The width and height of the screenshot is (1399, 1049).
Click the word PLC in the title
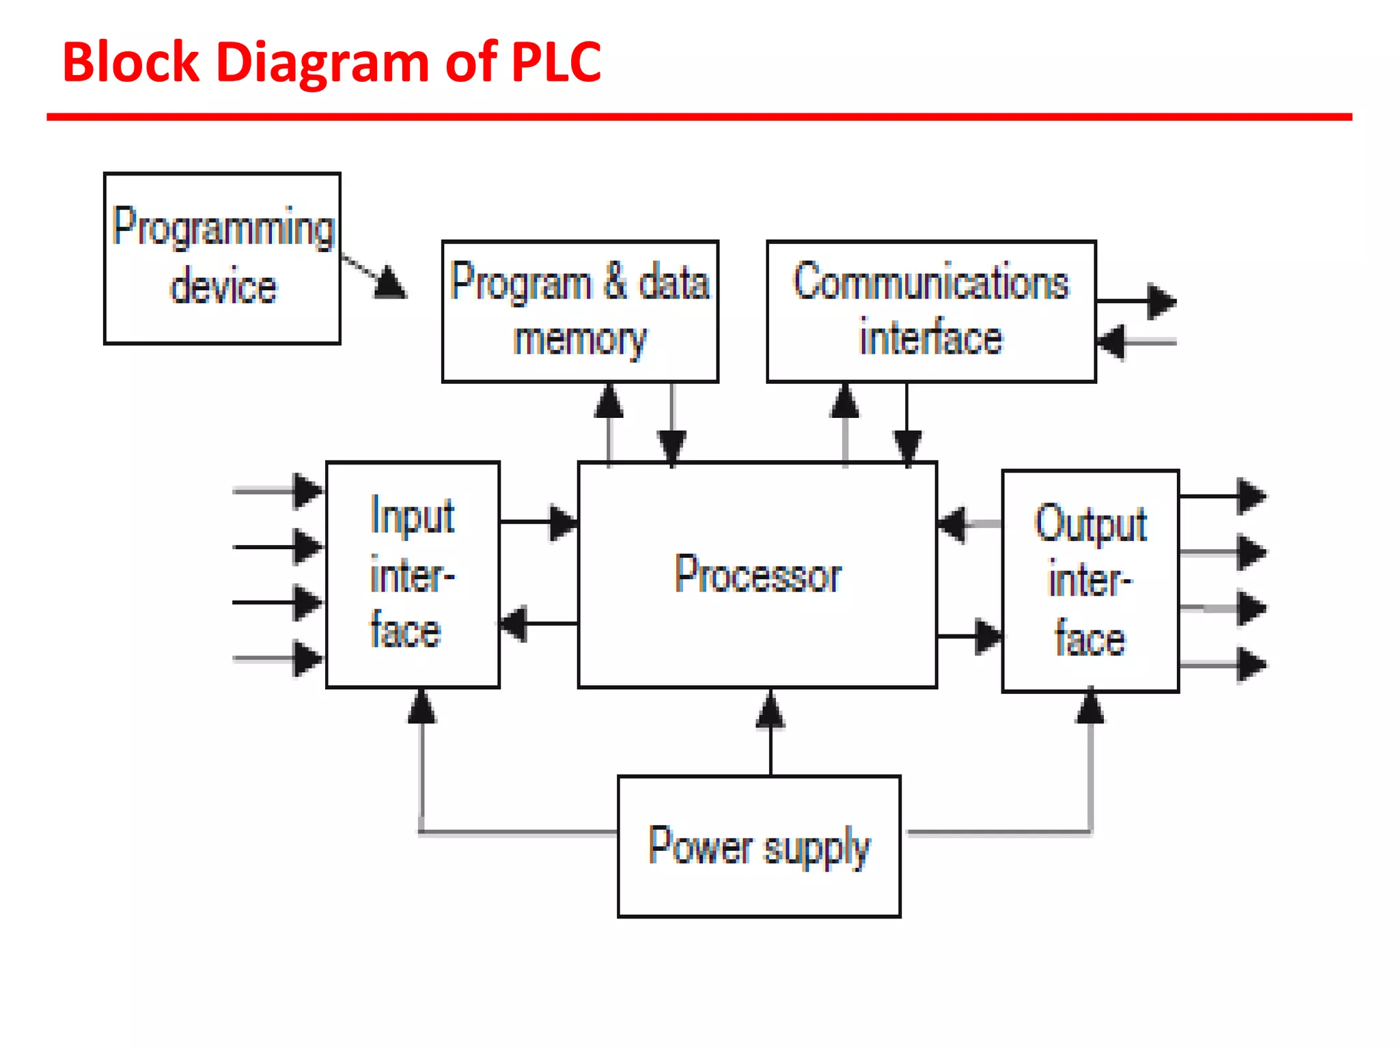click(x=555, y=62)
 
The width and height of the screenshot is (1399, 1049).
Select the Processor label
click(x=758, y=574)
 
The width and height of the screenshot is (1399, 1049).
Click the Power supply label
click(x=759, y=846)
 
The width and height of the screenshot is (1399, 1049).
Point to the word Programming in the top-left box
click(x=223, y=227)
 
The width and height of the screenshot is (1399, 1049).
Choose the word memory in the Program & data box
click(x=579, y=339)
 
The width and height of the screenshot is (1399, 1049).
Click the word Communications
click(x=930, y=281)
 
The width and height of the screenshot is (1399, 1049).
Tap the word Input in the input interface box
click(x=412, y=516)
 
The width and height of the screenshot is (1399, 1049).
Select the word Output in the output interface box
click(x=1090, y=524)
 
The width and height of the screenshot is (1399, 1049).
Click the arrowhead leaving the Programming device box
click(x=390, y=282)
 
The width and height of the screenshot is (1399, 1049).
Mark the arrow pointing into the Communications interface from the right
click(x=1111, y=341)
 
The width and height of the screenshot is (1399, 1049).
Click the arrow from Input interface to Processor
click(x=563, y=522)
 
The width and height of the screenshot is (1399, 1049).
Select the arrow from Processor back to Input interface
click(x=514, y=623)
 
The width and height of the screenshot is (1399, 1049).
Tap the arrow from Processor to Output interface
click(x=986, y=637)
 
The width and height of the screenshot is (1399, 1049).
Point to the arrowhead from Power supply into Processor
click(x=771, y=710)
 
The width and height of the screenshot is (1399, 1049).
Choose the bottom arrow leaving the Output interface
click(x=1251, y=665)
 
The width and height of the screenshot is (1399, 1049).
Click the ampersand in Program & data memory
click(x=615, y=281)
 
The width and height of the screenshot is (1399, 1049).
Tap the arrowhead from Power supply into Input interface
click(x=421, y=707)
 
